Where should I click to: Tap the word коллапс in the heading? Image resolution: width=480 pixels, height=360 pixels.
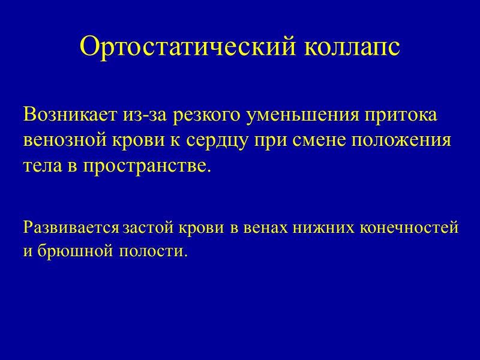click(353, 46)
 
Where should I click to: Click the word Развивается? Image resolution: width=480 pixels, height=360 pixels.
click(71, 229)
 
